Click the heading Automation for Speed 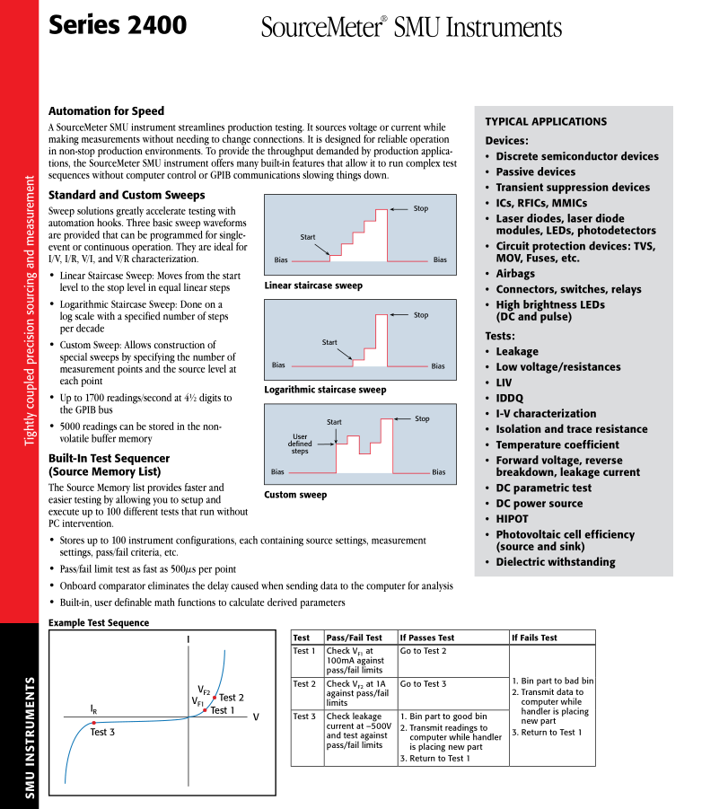pyautogui.click(x=106, y=111)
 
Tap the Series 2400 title pyautogui.click(x=118, y=25)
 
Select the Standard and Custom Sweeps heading pyautogui.click(x=127, y=195)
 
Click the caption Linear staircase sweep pyautogui.click(x=313, y=286)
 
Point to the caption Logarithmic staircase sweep pyautogui.click(x=325, y=390)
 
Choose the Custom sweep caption pyautogui.click(x=294, y=495)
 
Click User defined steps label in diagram pyautogui.click(x=300, y=444)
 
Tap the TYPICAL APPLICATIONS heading pyautogui.click(x=546, y=121)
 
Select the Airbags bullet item pyautogui.click(x=515, y=274)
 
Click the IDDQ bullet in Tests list pyautogui.click(x=509, y=398)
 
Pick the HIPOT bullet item pyautogui.click(x=512, y=519)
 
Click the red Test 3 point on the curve pyautogui.click(x=93, y=723)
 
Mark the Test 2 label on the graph pyautogui.click(x=232, y=698)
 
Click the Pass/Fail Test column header pyautogui.click(x=354, y=638)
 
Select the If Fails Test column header pyautogui.click(x=534, y=638)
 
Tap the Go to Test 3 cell pyautogui.click(x=423, y=684)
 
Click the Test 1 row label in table pyautogui.click(x=304, y=651)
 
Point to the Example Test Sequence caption pyautogui.click(x=99, y=622)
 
